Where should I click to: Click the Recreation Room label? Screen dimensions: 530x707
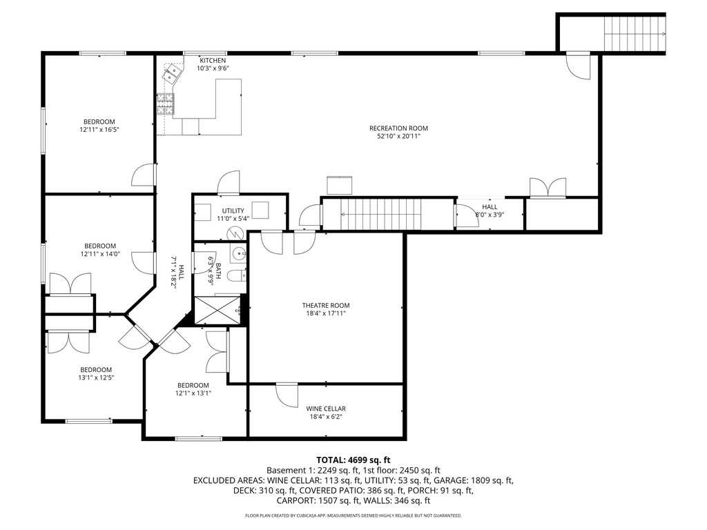(398, 128)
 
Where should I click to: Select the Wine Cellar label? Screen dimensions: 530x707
(326, 409)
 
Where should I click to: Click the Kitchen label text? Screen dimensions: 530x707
(213, 60)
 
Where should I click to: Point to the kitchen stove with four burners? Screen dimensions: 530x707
(166, 104)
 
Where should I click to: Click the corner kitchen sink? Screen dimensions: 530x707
(173, 73)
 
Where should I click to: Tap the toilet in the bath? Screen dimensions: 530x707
(235, 277)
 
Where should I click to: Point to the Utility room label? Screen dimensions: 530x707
(233, 210)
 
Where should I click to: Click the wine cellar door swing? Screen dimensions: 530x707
(285, 395)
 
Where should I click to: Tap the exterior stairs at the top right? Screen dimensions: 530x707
(634, 32)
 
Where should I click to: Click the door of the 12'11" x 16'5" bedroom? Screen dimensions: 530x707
(144, 175)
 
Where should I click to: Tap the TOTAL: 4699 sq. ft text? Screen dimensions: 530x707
(353, 460)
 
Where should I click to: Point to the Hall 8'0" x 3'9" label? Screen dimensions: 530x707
(489, 210)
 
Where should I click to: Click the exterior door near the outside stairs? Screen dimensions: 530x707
(579, 66)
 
